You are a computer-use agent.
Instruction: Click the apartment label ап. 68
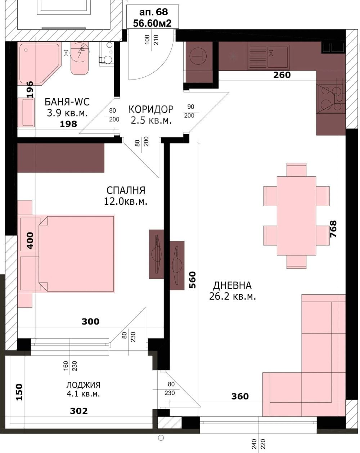[154, 12]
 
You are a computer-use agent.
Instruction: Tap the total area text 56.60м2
[152, 23]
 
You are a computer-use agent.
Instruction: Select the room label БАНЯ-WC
[67, 102]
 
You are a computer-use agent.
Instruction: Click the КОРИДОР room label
[151, 109]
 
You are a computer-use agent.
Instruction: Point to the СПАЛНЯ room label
[126, 190]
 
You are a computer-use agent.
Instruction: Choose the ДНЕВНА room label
[232, 285]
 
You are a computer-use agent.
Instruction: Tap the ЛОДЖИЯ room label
[84, 385]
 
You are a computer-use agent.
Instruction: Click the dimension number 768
[333, 229]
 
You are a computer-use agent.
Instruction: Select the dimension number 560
[193, 280]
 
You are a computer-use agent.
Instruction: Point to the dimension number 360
[240, 397]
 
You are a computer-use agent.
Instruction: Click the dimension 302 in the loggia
[79, 411]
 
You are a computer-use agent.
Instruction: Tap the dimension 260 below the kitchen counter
[282, 75]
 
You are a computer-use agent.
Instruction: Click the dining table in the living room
[296, 216]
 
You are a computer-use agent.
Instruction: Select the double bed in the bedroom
[77, 254]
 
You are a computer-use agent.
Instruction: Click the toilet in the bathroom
[106, 55]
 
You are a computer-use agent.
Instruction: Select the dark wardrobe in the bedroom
[61, 158]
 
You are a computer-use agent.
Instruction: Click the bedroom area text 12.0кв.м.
[126, 201]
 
